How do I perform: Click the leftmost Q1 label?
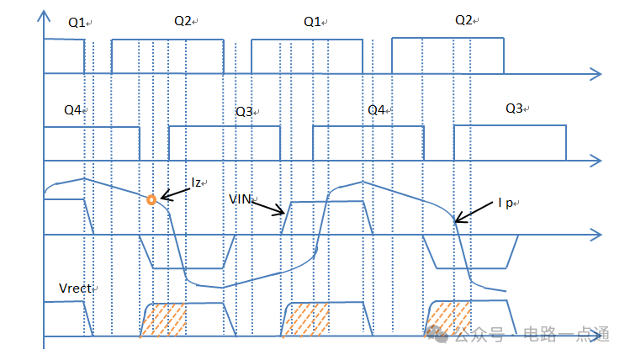click(x=77, y=23)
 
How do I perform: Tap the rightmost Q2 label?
click(x=463, y=20)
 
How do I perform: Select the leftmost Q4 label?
click(x=72, y=109)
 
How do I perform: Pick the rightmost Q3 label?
click(x=514, y=109)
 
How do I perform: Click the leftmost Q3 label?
click(x=244, y=112)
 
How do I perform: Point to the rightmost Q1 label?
click(x=312, y=22)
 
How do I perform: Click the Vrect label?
click(x=75, y=288)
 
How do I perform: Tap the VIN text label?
click(x=241, y=199)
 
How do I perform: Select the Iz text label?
click(x=196, y=183)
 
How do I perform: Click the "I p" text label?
click(x=506, y=203)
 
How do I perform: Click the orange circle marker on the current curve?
click(x=151, y=199)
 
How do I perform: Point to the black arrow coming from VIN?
click(x=268, y=208)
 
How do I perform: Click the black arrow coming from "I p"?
click(x=474, y=212)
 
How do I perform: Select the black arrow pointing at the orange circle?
click(x=175, y=194)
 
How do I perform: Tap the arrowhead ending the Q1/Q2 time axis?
click(x=596, y=74)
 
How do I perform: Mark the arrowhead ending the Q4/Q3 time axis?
click(x=596, y=161)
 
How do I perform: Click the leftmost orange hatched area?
click(x=163, y=320)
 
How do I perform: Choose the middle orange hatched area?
click(x=306, y=320)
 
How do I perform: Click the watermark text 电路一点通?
click(x=567, y=334)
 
